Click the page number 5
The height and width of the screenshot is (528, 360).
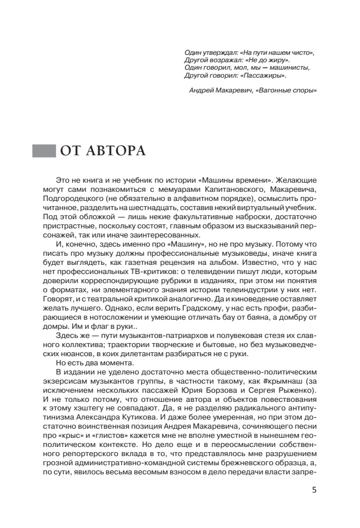(x=314, y=489)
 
